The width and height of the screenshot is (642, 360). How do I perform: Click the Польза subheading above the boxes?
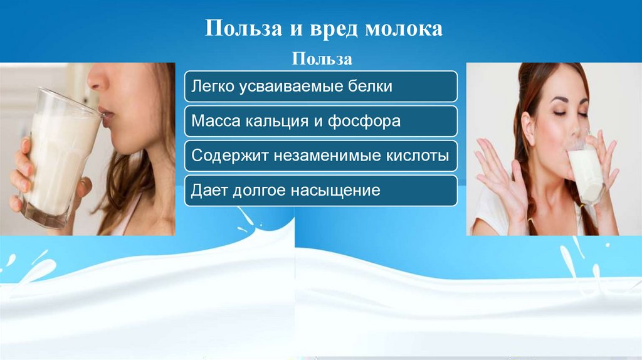(x=322, y=60)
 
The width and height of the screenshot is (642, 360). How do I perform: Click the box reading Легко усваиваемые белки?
(x=321, y=87)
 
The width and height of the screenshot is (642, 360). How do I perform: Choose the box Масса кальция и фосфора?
(x=321, y=121)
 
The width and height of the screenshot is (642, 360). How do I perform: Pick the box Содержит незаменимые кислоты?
(x=321, y=156)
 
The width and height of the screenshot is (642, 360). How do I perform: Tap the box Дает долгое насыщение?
(x=321, y=190)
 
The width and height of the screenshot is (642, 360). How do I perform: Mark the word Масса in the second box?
(x=213, y=121)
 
